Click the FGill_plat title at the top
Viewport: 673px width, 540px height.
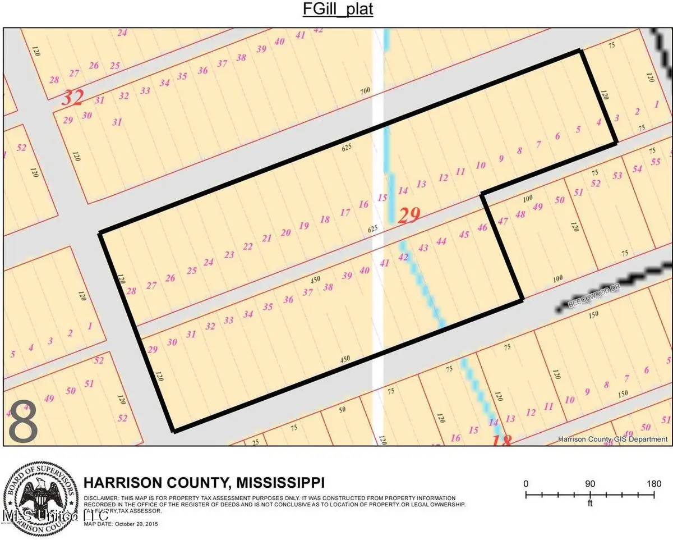(x=336, y=10)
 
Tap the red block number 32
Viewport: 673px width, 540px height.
(x=72, y=99)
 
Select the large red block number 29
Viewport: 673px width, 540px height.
(x=409, y=215)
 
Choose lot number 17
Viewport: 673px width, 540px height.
(x=345, y=213)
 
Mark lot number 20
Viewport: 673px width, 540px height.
(x=286, y=232)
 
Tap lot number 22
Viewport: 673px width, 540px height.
(x=247, y=246)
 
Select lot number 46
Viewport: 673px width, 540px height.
(x=482, y=228)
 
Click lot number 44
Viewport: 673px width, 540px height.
(x=441, y=241)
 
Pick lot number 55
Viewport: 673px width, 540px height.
(x=655, y=162)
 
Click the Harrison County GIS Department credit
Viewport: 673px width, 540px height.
(x=613, y=440)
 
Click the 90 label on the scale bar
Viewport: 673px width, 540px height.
(x=590, y=483)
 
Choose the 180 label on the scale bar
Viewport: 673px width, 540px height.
(x=654, y=483)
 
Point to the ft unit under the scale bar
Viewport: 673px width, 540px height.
(x=590, y=504)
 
